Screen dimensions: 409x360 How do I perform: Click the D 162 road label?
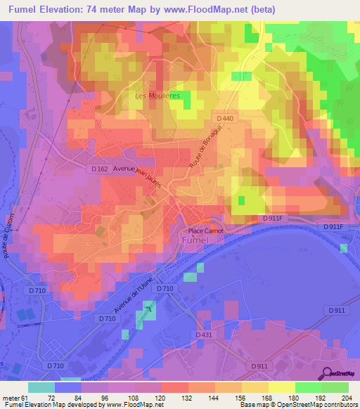click(99, 169)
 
